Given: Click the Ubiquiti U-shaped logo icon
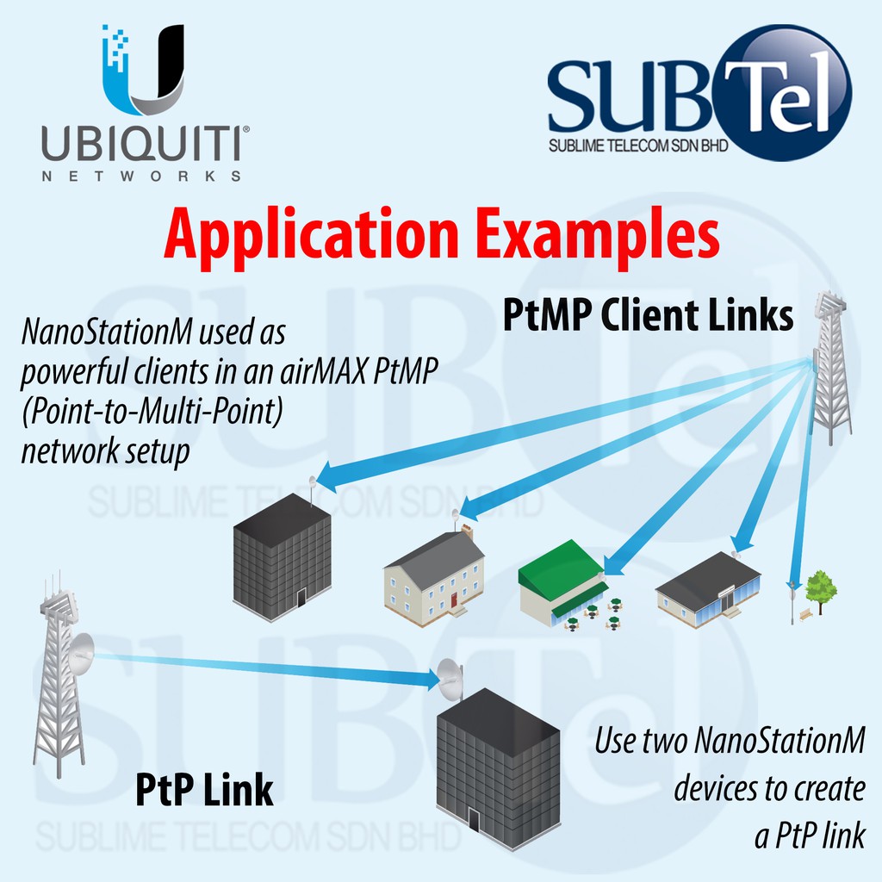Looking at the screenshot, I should [x=143, y=69].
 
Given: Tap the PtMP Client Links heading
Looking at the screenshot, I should [x=647, y=316].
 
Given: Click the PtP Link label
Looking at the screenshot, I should [x=204, y=790].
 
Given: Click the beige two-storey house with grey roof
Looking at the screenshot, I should [x=434, y=572].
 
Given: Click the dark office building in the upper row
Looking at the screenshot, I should [x=282, y=556].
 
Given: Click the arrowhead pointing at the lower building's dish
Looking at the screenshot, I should [x=431, y=680].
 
